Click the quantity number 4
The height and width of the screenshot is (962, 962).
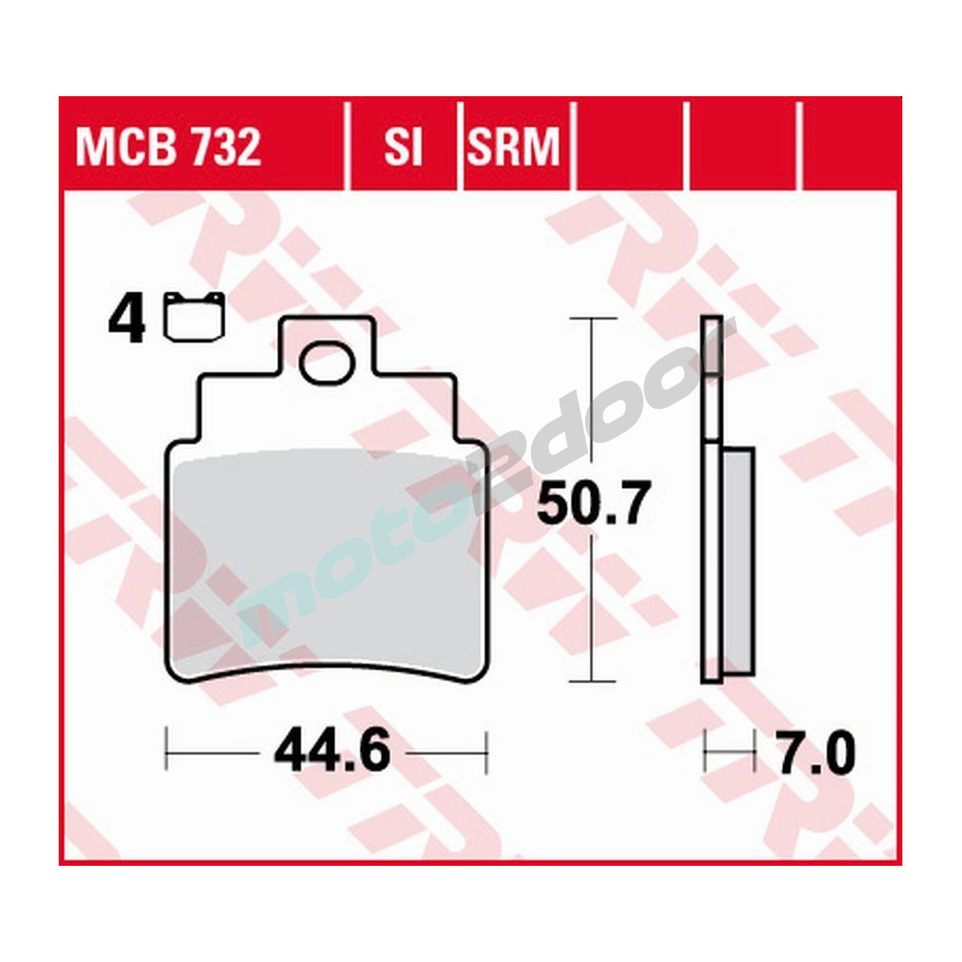coord(127,320)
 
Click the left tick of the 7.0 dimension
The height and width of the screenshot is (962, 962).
coord(706,750)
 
